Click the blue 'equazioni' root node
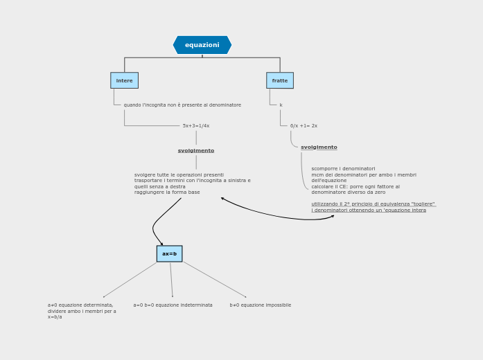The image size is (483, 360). (202, 45)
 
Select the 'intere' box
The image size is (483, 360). (124, 80)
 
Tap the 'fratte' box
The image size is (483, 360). (280, 80)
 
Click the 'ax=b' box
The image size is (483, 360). (169, 253)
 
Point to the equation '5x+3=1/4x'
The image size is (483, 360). (196, 126)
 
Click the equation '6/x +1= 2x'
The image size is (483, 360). (304, 126)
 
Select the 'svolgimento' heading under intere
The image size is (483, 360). (196, 150)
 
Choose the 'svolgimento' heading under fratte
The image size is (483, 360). (319, 147)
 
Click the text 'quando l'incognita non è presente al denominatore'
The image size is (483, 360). (182, 105)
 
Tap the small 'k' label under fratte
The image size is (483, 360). (281, 105)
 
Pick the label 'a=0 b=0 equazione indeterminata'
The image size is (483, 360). (173, 305)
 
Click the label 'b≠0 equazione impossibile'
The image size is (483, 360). (261, 305)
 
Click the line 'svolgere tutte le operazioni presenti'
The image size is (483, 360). (179, 175)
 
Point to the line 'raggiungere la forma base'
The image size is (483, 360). (167, 192)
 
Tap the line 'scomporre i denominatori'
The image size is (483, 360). (343, 169)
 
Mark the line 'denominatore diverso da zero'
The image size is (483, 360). (348, 192)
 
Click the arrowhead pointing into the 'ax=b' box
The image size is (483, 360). (162, 244)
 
